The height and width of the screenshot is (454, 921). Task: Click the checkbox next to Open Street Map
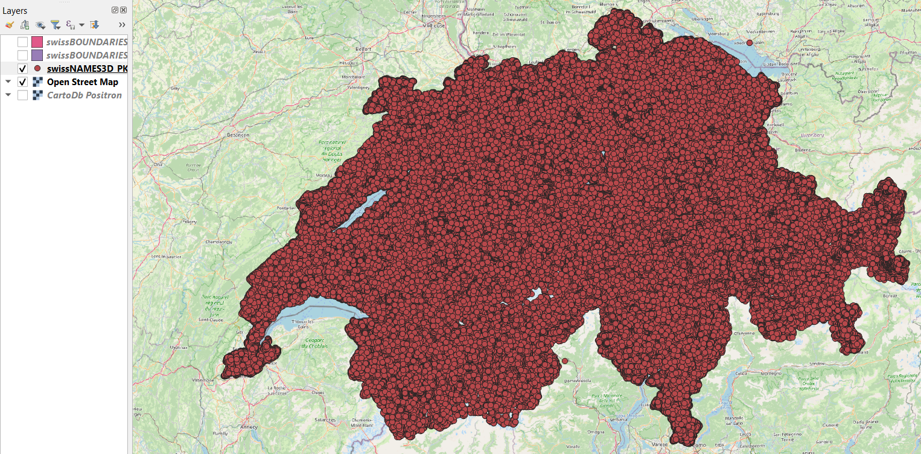pyautogui.click(x=23, y=82)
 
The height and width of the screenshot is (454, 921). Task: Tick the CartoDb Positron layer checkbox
pyautogui.click(x=23, y=95)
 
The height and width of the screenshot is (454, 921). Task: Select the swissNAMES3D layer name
pyautogui.click(x=87, y=68)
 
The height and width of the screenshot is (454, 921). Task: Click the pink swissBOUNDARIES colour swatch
pyautogui.click(x=37, y=42)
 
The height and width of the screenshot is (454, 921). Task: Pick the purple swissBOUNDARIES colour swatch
pyautogui.click(x=37, y=55)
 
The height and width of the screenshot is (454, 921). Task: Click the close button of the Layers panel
pyautogui.click(x=123, y=10)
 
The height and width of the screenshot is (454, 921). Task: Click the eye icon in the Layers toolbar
pyautogui.click(x=40, y=25)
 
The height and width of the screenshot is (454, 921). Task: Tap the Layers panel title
pyautogui.click(x=15, y=11)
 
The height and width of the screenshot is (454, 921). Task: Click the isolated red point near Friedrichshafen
pyautogui.click(x=750, y=43)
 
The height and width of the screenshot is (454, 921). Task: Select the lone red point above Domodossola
pyautogui.click(x=565, y=360)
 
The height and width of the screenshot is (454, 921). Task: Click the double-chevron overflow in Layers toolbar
pyautogui.click(x=122, y=25)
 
